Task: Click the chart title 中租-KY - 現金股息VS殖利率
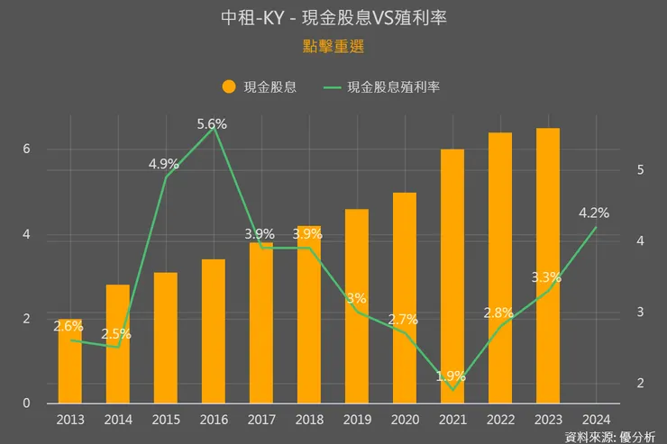(333, 17)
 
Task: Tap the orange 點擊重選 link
(333, 45)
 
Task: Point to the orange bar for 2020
(405, 297)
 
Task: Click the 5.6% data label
(212, 125)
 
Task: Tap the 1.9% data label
(451, 376)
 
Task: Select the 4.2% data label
(595, 213)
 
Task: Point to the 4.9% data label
(164, 164)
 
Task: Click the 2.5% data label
(116, 333)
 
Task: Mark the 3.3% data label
(547, 277)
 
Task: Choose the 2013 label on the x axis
(70, 419)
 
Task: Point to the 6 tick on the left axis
(27, 150)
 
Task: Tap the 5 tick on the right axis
(640, 169)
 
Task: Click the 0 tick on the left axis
(27, 403)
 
